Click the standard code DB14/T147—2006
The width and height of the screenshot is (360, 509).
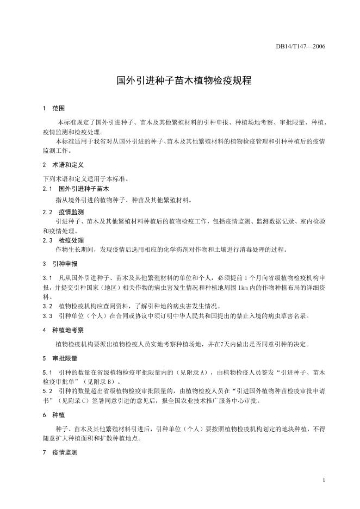coord(300,47)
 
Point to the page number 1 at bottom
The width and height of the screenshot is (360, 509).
coord(324,480)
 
